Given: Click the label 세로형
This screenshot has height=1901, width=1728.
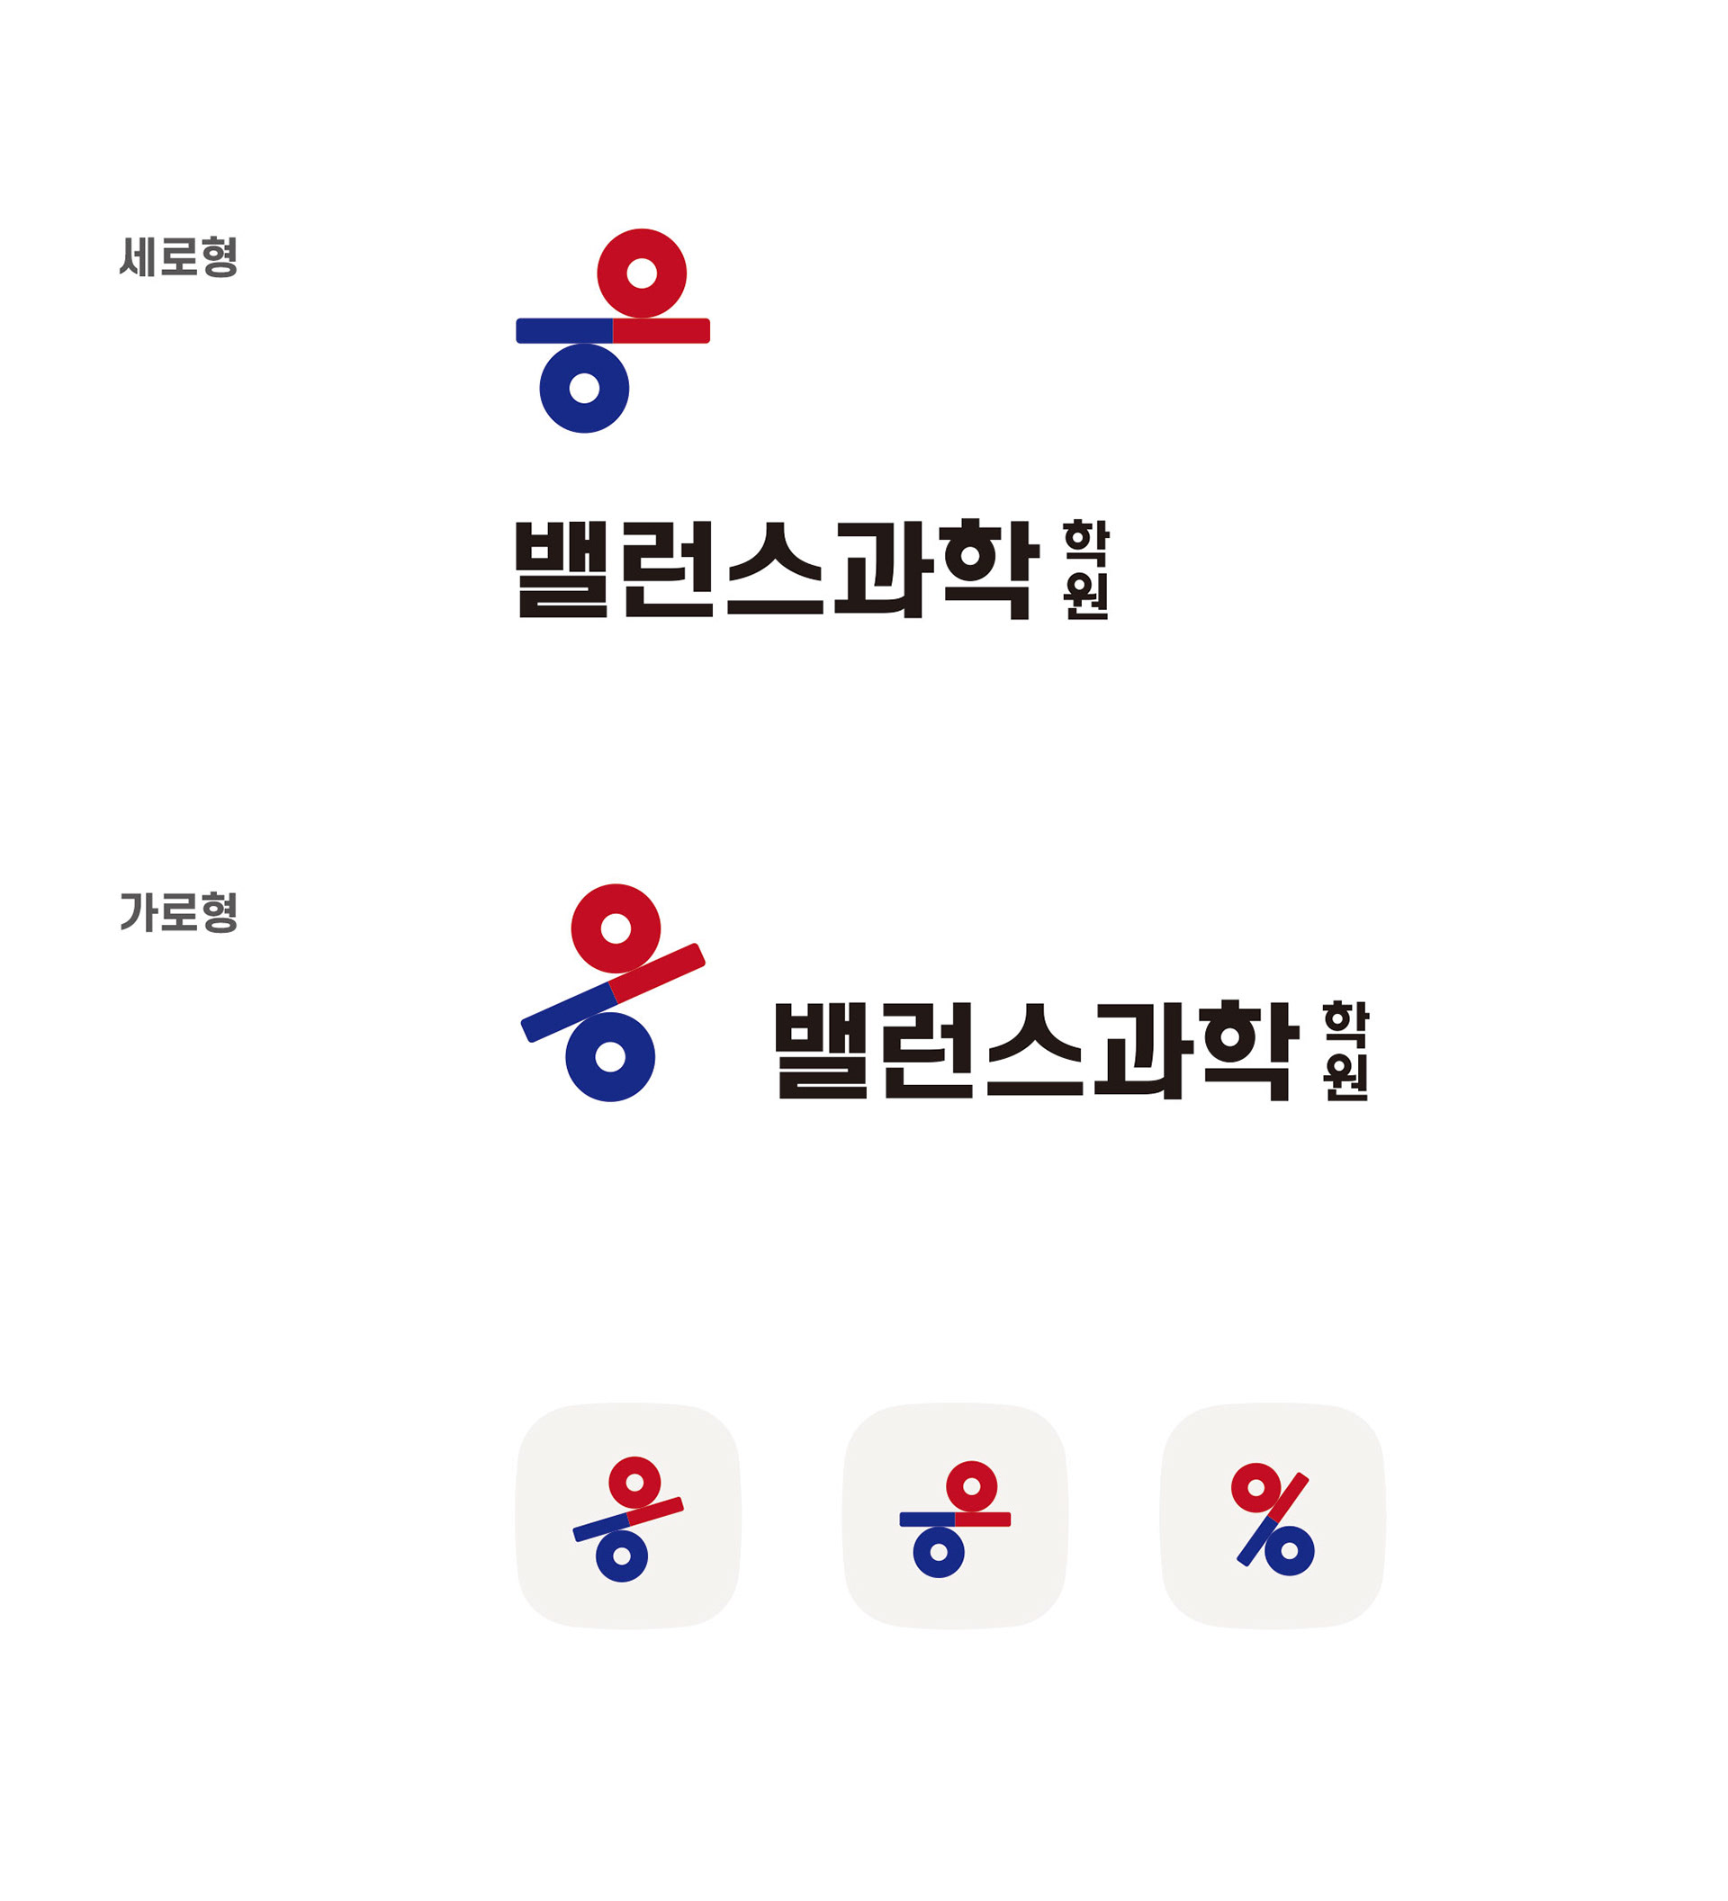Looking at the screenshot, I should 178,257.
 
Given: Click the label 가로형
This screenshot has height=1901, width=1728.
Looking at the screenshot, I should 178,913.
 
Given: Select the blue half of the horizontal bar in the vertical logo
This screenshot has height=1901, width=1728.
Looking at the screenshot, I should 563,331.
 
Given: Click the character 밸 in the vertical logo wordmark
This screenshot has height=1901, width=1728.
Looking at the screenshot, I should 562,570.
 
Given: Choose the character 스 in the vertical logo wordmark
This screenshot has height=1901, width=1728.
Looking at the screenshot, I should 775,570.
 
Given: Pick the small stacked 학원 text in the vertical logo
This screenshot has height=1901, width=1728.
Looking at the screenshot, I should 1085,570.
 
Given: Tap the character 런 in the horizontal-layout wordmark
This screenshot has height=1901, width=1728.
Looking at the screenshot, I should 929,1051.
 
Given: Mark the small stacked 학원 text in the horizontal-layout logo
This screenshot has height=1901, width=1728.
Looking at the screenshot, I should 1346,1051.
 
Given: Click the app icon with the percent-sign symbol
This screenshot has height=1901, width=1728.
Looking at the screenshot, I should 1273,1516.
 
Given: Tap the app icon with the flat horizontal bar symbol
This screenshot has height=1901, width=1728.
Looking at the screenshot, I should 955,1516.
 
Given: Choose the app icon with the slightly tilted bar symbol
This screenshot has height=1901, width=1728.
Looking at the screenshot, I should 628,1516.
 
